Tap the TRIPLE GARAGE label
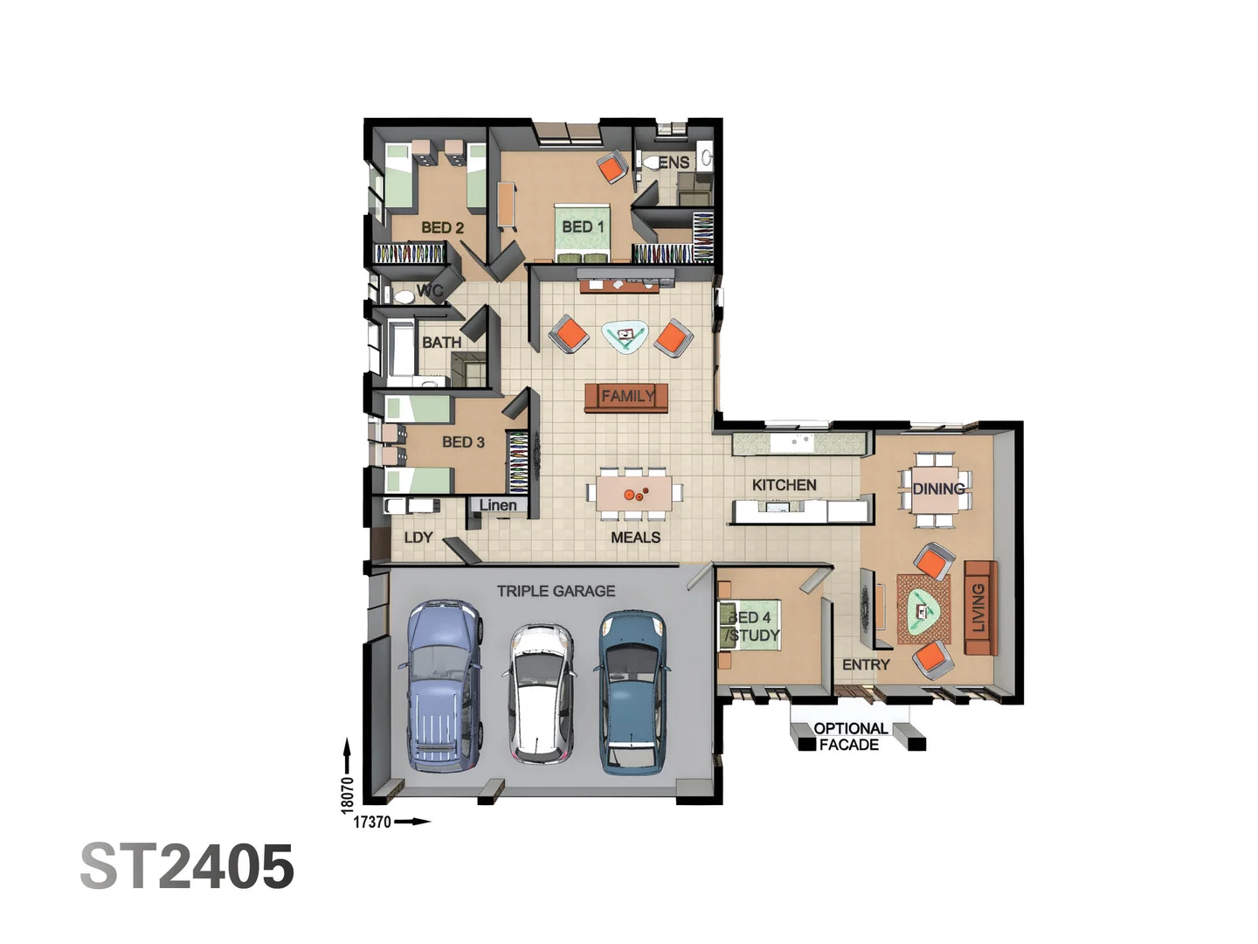point(556,591)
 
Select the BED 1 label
point(583,226)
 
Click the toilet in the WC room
point(404,295)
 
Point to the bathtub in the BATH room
point(402,349)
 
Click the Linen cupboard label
point(498,505)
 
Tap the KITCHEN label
point(784,485)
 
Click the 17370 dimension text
point(372,822)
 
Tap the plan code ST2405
point(187,867)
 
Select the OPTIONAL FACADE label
point(849,736)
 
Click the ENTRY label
point(866,665)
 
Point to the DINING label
point(938,489)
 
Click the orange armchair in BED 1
point(612,167)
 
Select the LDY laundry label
point(418,537)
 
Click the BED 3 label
point(463,442)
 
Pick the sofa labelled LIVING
point(980,607)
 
